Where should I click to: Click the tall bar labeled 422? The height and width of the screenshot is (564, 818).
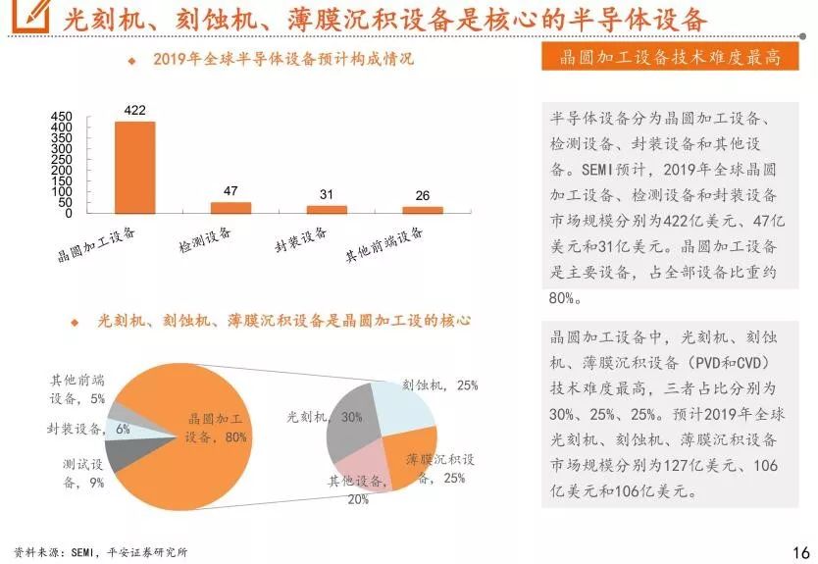[x=135, y=167]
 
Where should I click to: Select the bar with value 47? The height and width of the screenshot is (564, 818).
[x=230, y=207]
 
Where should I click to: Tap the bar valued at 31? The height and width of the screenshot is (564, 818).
[x=327, y=209]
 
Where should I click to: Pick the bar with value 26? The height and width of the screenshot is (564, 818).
[x=423, y=209]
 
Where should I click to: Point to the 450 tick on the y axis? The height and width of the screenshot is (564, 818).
[x=62, y=118]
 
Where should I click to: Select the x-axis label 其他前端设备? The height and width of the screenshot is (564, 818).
[x=383, y=245]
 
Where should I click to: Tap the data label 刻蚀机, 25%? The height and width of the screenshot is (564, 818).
[x=440, y=385]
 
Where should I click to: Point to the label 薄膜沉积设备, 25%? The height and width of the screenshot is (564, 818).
[x=440, y=468]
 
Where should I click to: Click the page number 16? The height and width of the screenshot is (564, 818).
[x=800, y=550]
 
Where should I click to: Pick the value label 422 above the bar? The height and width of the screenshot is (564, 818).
[x=135, y=110]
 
